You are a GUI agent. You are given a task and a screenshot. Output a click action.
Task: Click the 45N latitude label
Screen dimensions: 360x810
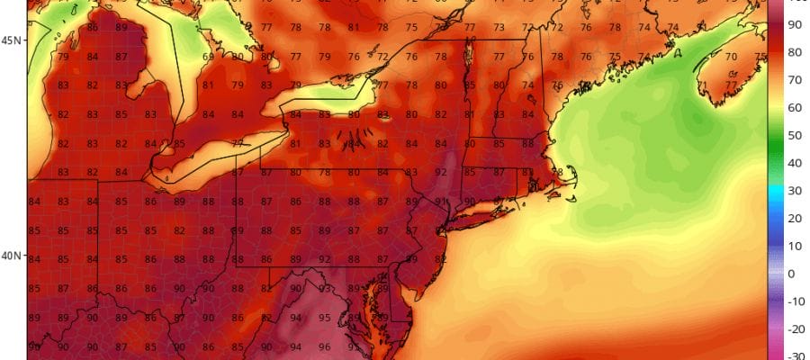[x=12, y=40]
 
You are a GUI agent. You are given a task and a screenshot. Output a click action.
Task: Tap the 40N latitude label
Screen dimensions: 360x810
[x=12, y=256]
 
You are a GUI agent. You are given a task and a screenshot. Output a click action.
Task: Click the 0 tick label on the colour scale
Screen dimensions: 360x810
[x=791, y=274]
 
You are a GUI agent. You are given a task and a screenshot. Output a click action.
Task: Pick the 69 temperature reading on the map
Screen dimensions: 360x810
[x=209, y=58]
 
